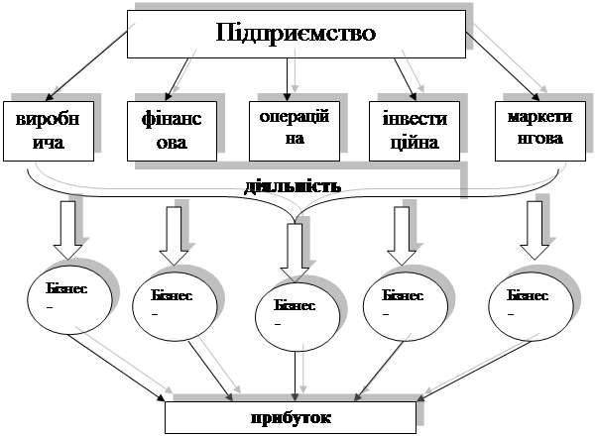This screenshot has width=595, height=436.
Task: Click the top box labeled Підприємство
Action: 296,33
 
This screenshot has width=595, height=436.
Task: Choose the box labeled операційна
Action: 288,127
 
